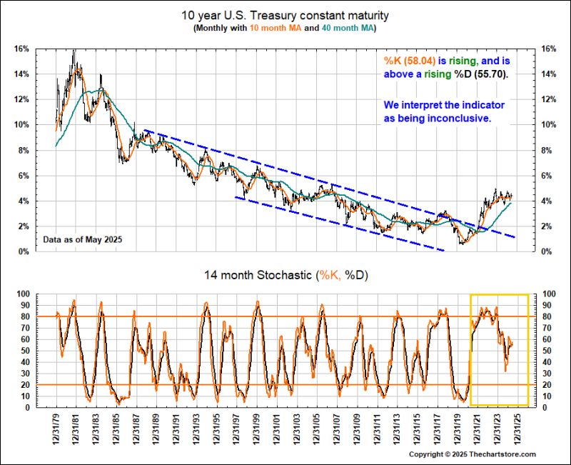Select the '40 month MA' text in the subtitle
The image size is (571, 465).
[x=345, y=29]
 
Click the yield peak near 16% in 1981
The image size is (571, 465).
[x=74, y=51]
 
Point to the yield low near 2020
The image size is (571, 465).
[x=461, y=244]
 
